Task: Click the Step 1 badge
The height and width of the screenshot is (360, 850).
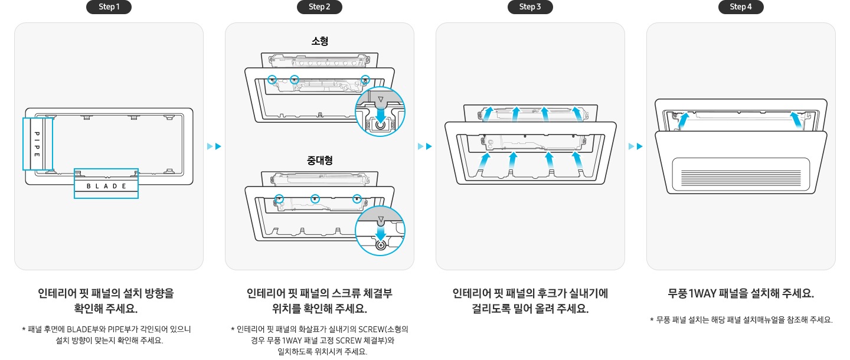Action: (x=109, y=7)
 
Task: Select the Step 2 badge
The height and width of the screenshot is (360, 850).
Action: (x=319, y=7)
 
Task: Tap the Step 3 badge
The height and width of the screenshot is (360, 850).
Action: (x=530, y=7)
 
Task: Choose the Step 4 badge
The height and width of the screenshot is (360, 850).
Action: (x=741, y=7)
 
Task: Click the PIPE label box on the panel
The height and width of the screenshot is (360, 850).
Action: (x=37, y=143)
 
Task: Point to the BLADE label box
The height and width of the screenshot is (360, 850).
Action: (x=106, y=186)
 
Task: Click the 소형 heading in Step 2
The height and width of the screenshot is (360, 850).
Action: (x=319, y=41)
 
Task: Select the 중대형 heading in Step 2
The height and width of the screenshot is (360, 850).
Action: (x=319, y=161)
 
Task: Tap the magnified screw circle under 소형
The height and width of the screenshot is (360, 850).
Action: (x=380, y=114)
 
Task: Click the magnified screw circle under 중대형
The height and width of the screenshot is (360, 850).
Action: (x=380, y=231)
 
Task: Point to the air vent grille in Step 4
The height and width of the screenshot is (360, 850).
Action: (x=741, y=176)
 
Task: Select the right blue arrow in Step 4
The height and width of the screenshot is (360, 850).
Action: (x=797, y=120)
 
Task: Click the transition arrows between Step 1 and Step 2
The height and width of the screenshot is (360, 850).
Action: (x=214, y=146)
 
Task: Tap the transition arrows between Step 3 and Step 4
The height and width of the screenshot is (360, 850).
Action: (x=636, y=146)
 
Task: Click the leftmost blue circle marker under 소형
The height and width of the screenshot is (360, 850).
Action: (x=272, y=79)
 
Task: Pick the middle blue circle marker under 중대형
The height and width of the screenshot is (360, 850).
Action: (x=316, y=199)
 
